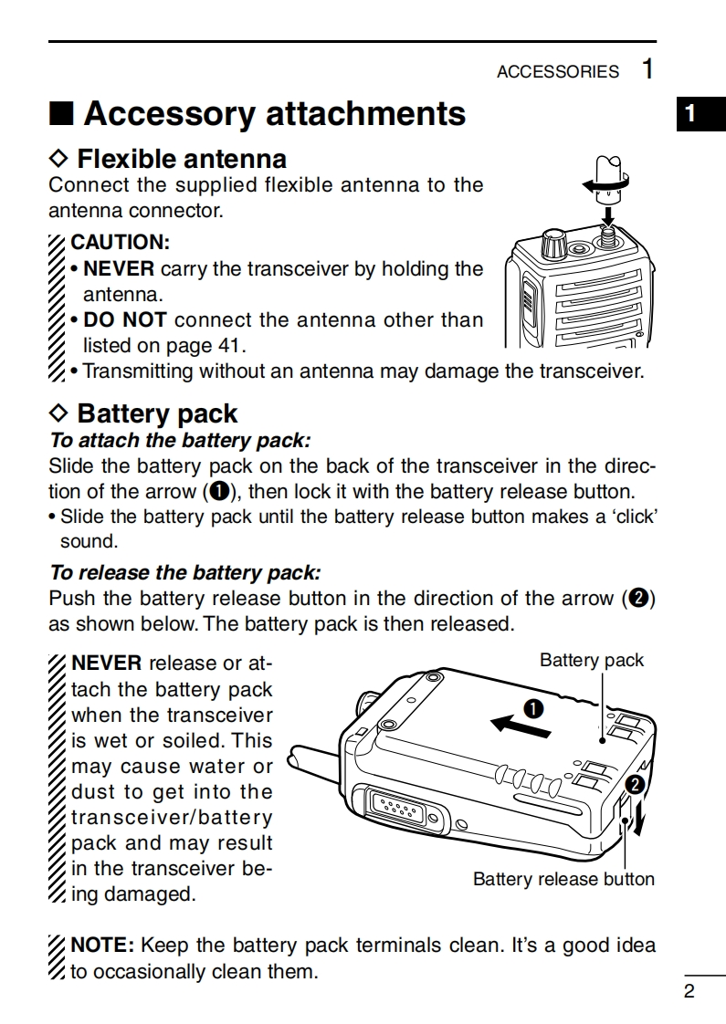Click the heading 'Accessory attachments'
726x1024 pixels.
point(274,114)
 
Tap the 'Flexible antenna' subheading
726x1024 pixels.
point(181,159)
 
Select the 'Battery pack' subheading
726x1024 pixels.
point(157,413)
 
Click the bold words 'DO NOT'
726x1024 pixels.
point(125,320)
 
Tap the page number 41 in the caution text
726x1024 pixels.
point(231,346)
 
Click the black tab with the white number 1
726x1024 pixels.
point(690,114)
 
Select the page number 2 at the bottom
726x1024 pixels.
point(689,992)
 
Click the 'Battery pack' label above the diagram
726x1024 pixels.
point(591,660)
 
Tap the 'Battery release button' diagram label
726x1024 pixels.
point(563,880)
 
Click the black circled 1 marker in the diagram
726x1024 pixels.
point(532,707)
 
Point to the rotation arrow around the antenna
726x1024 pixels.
point(604,185)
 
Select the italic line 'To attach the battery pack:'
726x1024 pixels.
point(180,440)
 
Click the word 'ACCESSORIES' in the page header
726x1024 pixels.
point(557,72)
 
